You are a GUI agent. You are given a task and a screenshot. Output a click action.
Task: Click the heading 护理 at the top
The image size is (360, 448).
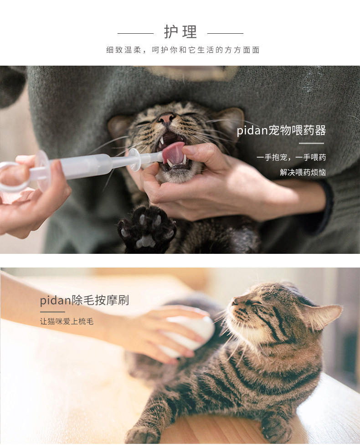click(x=180, y=32)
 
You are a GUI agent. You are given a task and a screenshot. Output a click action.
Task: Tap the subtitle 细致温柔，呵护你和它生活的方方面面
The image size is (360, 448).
click(x=183, y=50)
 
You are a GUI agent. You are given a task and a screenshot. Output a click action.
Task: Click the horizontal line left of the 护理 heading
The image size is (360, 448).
click(x=135, y=33)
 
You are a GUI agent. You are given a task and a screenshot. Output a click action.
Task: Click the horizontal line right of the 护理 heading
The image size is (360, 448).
click(x=225, y=33)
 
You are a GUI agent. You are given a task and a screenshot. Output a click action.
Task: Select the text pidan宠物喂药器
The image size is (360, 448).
click(x=281, y=131)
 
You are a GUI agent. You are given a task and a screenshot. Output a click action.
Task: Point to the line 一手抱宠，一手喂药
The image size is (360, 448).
click(x=291, y=158)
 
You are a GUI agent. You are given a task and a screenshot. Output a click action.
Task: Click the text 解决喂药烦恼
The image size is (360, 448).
click(x=303, y=173)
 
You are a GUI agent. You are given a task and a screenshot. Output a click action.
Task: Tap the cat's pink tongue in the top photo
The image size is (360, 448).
click(x=174, y=153)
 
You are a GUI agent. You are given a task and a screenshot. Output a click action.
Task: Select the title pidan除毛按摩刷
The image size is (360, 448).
click(x=84, y=300)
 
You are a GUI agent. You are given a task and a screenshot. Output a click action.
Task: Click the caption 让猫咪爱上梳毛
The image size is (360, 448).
click(x=67, y=321)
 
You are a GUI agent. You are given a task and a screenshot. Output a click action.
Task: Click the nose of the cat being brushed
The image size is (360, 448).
click(x=233, y=301)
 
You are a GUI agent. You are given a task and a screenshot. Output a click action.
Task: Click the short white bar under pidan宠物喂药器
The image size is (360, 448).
click(x=311, y=143)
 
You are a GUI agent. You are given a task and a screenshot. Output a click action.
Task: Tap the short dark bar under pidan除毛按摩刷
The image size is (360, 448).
click(x=52, y=312)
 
